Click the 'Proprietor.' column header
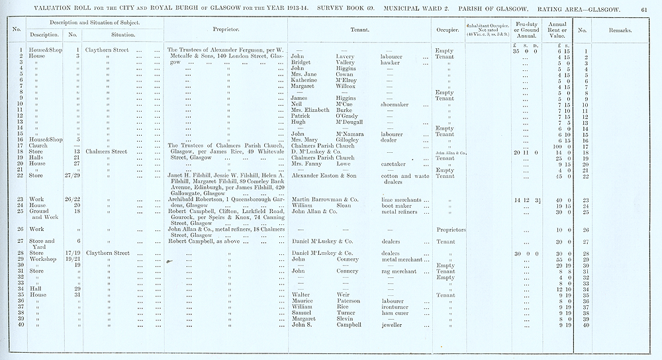pyautogui.click(x=226, y=30)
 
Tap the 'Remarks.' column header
pyautogui.click(x=620, y=30)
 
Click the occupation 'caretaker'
pyautogui.click(x=395, y=164)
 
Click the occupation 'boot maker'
pyautogui.click(x=396, y=206)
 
